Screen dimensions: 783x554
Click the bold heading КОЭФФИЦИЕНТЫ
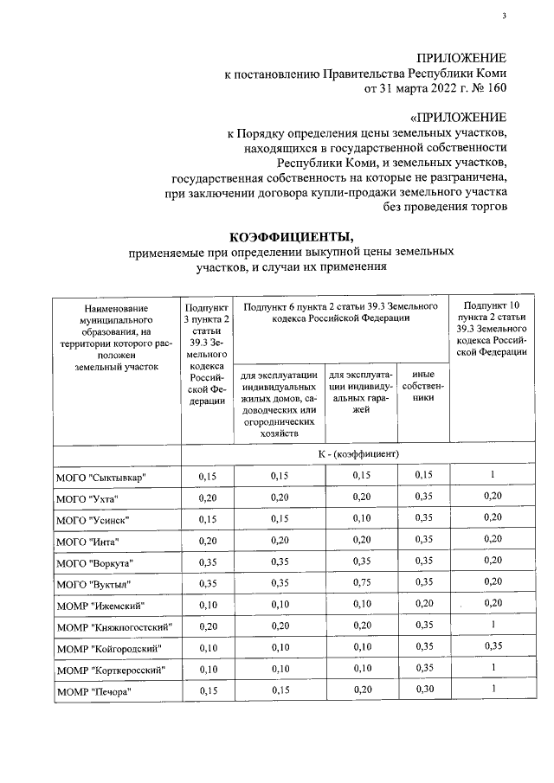coord(291,237)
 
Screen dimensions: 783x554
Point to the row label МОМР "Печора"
coord(93,690)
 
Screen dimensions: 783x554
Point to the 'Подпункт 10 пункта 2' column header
coord(492,329)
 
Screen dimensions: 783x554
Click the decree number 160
coord(497,87)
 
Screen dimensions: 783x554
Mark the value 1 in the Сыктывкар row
coord(492,475)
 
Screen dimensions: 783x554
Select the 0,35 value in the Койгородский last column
coord(492,645)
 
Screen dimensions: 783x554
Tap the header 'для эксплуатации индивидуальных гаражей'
coord(361,392)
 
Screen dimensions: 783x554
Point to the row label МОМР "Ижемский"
coord(100,604)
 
